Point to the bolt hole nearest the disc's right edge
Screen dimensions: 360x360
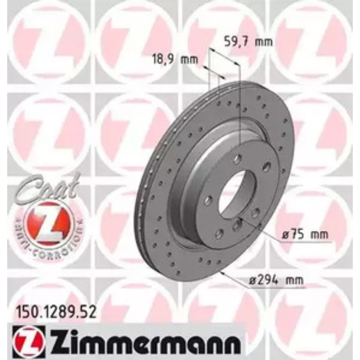pos(266,167)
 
